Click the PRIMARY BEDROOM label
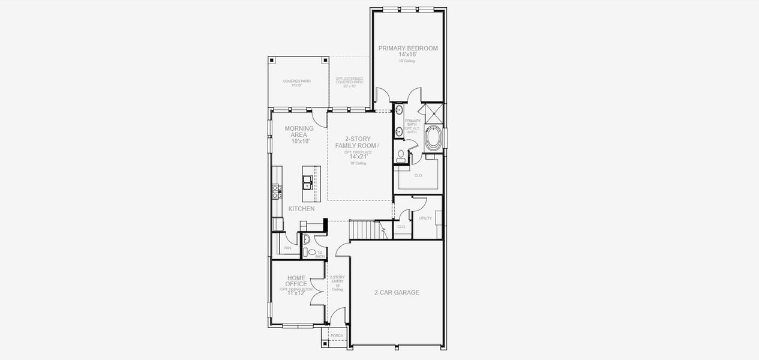[407, 48]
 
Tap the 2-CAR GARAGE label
[397, 293]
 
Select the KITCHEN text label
[301, 209]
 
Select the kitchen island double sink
[307, 182]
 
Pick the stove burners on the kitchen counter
[277, 191]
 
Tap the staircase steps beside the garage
[365, 230]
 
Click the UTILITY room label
[425, 218]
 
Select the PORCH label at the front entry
[337, 336]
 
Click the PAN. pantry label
[287, 247]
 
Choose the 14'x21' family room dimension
[358, 157]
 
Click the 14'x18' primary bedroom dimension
[407, 55]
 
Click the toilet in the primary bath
[401, 155]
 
